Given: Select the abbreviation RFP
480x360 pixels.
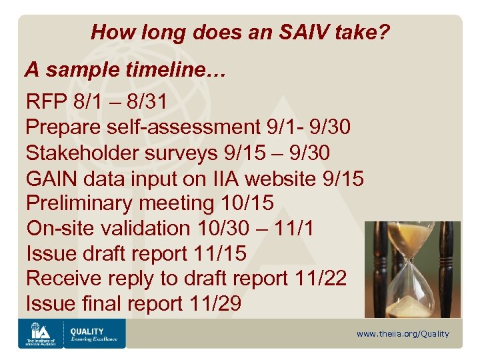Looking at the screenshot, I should pyautogui.click(x=47, y=102).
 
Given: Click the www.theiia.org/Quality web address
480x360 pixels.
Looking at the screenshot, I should pyautogui.click(x=403, y=334).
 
